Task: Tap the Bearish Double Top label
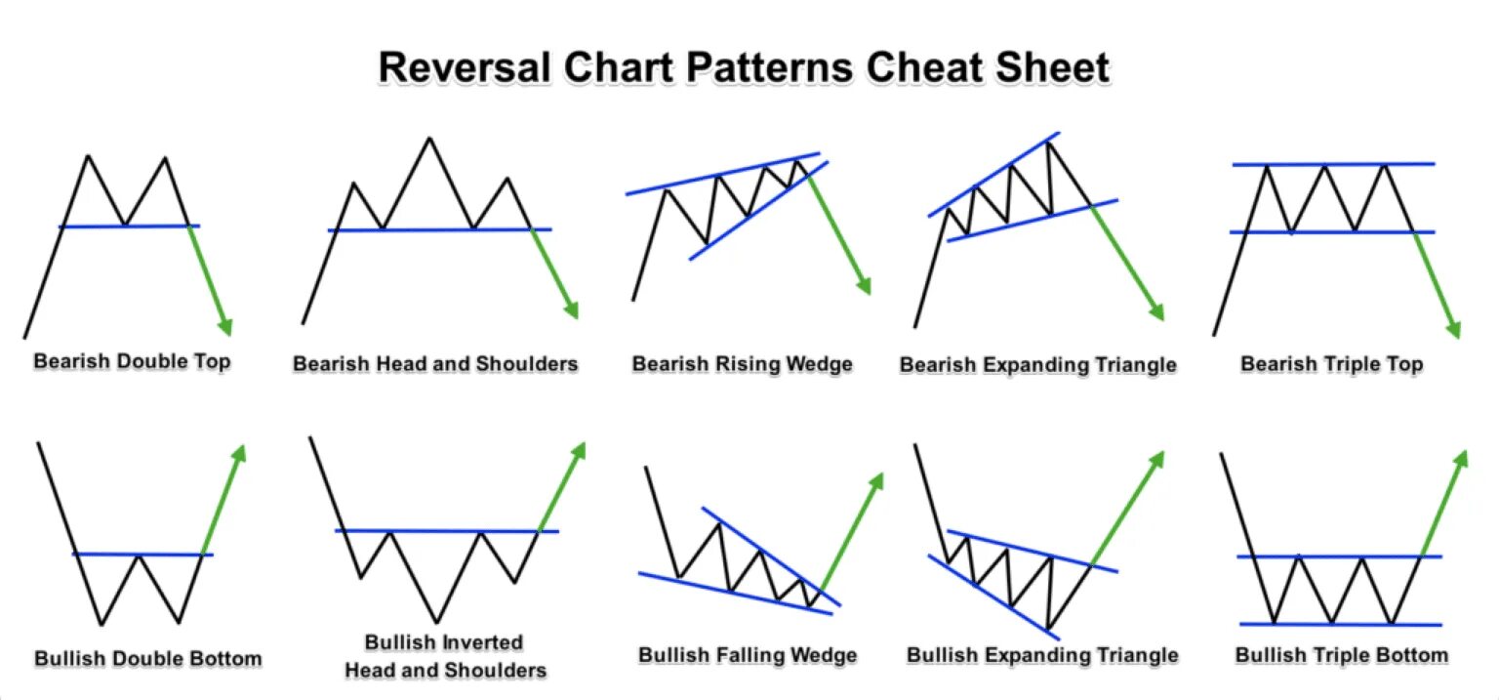point(133,361)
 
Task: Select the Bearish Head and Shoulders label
point(435,364)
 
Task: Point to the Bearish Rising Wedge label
point(743,364)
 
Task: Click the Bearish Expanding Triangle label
point(1037,365)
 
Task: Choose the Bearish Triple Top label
point(1331,364)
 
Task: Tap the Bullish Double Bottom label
point(148,658)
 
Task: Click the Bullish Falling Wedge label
point(748,654)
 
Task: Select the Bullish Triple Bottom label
point(1342,654)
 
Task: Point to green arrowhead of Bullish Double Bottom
point(239,452)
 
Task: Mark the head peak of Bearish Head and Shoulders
point(428,138)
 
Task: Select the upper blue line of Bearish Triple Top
point(1333,164)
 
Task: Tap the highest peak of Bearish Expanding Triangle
point(1049,143)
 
